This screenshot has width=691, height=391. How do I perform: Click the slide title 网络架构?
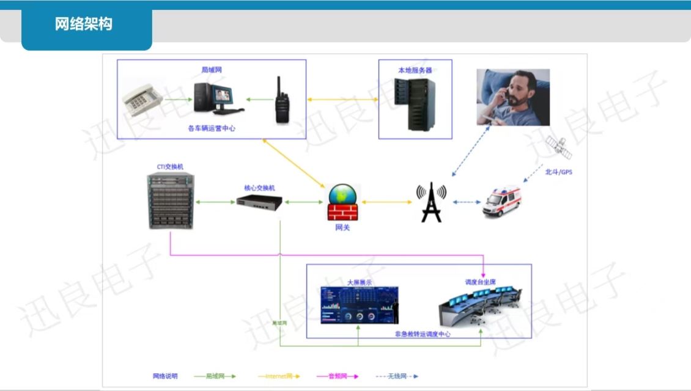coord(84,24)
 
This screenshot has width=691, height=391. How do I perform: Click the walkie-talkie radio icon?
coord(281,101)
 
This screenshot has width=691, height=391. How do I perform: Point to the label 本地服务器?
coord(415,70)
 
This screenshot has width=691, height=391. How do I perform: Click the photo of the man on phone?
coord(512,97)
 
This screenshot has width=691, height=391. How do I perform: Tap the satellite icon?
coord(557,147)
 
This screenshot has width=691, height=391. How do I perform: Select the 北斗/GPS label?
coord(558,172)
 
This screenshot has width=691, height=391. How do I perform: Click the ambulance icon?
coord(501,202)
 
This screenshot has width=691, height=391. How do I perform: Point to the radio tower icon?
coord(431,202)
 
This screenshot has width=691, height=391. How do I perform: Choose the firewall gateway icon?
coord(343,203)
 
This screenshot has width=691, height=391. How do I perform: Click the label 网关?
coord(342,228)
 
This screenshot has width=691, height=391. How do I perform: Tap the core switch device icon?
coord(260,202)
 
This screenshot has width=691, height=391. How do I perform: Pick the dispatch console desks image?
coord(481,307)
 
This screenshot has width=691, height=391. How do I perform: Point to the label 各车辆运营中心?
coord(212,128)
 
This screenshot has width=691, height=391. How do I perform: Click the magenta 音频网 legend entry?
coord(337,376)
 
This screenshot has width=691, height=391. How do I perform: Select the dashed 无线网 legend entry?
coord(397,376)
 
